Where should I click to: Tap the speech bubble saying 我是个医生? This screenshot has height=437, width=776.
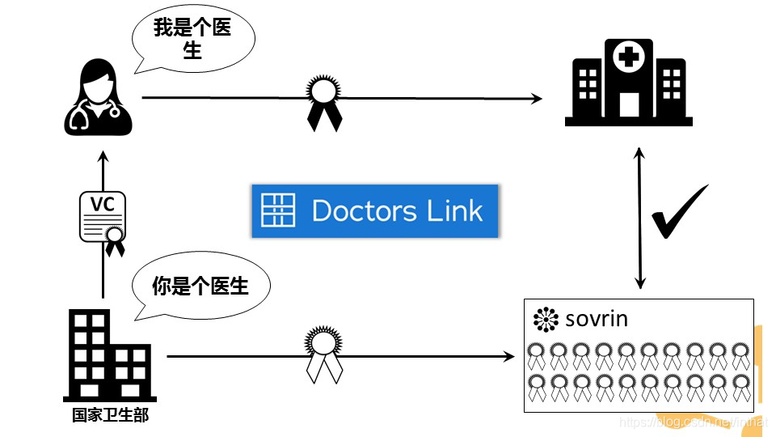click(192, 39)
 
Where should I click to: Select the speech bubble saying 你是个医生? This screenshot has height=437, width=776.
click(200, 285)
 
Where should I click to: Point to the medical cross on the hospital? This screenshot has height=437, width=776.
click(628, 57)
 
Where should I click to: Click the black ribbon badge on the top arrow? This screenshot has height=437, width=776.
click(323, 100)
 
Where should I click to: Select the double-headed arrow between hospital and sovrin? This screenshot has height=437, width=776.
click(640, 218)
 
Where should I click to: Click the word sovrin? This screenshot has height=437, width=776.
click(597, 319)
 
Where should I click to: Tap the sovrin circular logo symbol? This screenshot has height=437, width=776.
click(546, 320)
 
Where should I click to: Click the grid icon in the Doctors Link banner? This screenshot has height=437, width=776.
click(278, 210)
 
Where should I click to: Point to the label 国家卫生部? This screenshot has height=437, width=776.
click(110, 415)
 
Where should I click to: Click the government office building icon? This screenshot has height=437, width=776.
click(108, 356)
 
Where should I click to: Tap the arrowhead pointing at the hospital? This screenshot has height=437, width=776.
click(537, 99)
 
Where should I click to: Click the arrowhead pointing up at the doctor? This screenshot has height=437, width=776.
click(103, 155)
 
